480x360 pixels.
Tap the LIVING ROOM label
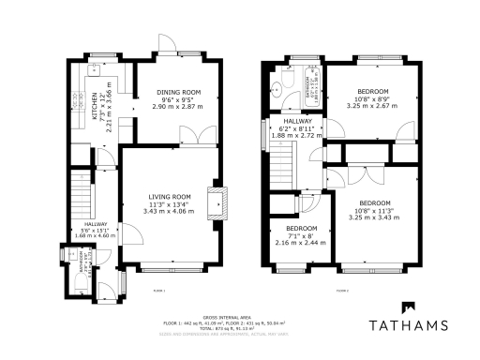click(x=170, y=196)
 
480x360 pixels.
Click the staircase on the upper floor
click(x=281, y=169)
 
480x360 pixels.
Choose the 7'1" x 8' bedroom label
click(x=301, y=228)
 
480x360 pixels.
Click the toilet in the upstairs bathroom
click(x=277, y=92)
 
